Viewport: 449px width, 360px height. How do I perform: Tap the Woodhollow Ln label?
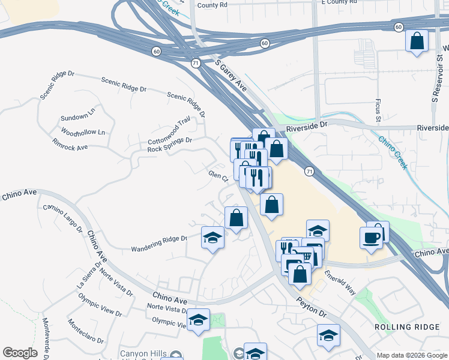82,131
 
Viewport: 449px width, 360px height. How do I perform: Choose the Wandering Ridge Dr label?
159,244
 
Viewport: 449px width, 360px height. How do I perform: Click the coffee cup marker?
370,238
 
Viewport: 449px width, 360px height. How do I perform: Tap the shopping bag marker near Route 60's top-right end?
417,41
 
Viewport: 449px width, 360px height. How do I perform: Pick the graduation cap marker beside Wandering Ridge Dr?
212,238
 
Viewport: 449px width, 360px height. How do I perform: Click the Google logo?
20,353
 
